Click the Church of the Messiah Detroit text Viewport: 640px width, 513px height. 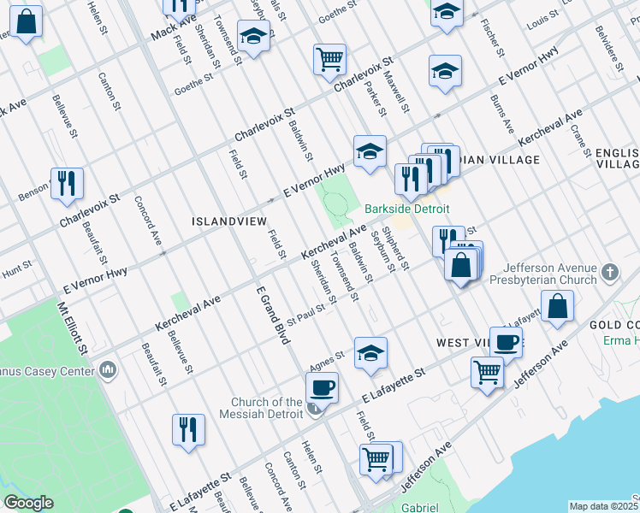pos(268,408)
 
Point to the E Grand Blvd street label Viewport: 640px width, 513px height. pos(274,315)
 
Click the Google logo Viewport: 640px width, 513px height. pos(28,503)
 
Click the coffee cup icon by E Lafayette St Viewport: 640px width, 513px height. pos(322,387)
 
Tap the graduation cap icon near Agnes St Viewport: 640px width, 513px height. pos(370,352)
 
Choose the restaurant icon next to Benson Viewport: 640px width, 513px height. pos(66,183)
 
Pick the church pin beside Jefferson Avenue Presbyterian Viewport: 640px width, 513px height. pos(610,272)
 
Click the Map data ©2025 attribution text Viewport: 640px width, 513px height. pos(604,506)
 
